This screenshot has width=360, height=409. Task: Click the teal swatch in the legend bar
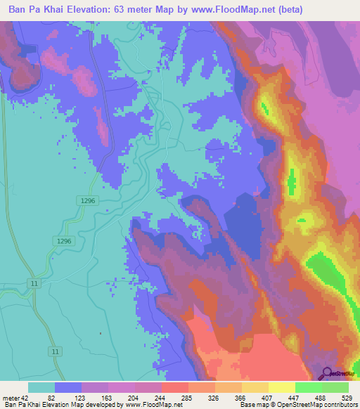point(41,387)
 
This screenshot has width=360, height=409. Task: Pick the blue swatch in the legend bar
point(68,387)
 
